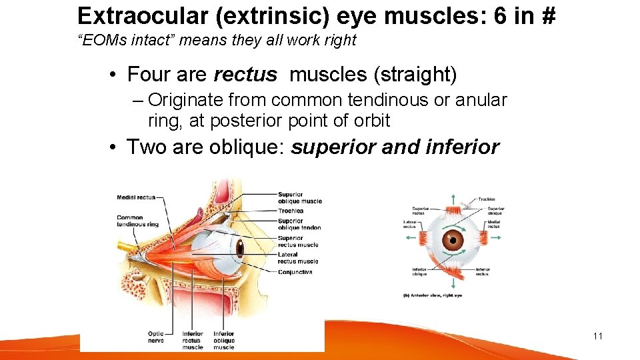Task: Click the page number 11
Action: coord(597,336)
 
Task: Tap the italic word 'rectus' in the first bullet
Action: coord(245,74)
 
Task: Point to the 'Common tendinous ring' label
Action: coord(139,221)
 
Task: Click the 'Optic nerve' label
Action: coord(156,337)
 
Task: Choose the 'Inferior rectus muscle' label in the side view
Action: coord(193,340)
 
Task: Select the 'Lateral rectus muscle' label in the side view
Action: coord(297,258)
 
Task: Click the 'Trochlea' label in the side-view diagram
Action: coord(291,211)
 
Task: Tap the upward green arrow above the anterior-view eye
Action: coord(453,198)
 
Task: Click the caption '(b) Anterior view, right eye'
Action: coord(432,295)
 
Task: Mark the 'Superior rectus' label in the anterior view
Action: coord(420,211)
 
